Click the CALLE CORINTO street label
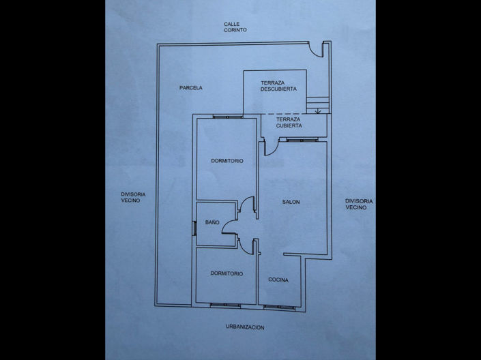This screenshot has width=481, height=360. click(235, 27)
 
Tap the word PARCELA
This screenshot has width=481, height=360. click(191, 88)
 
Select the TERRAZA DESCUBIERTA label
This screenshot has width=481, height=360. click(278, 86)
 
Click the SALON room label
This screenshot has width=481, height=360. click(291, 202)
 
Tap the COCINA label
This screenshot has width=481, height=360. click(278, 280)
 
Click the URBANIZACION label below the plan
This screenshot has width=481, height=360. click(245, 327)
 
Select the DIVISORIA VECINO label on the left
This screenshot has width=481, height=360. click(134, 197)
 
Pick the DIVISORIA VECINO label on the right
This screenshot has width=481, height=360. click(358, 204)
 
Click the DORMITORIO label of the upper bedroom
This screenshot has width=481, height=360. click(227, 161)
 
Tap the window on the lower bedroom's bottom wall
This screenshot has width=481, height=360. click(226, 304)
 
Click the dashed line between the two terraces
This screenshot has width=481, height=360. click(284, 113)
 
